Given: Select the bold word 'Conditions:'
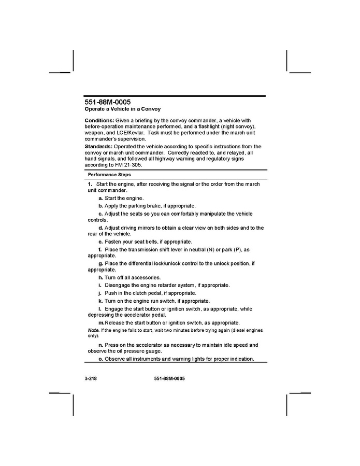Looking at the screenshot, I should (x=99, y=120).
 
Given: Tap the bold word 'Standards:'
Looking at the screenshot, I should (x=98, y=147).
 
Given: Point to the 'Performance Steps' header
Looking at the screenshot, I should (x=109, y=175).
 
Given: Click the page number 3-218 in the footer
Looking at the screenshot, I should (x=91, y=379).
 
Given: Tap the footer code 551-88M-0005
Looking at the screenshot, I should (x=169, y=379).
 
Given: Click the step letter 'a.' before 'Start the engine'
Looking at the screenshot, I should (x=101, y=199).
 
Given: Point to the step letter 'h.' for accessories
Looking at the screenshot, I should (x=101, y=278).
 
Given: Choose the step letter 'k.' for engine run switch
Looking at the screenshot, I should (x=101, y=301).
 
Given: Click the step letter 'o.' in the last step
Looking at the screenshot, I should (x=101, y=359).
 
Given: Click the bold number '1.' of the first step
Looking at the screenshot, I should (x=90, y=185).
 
